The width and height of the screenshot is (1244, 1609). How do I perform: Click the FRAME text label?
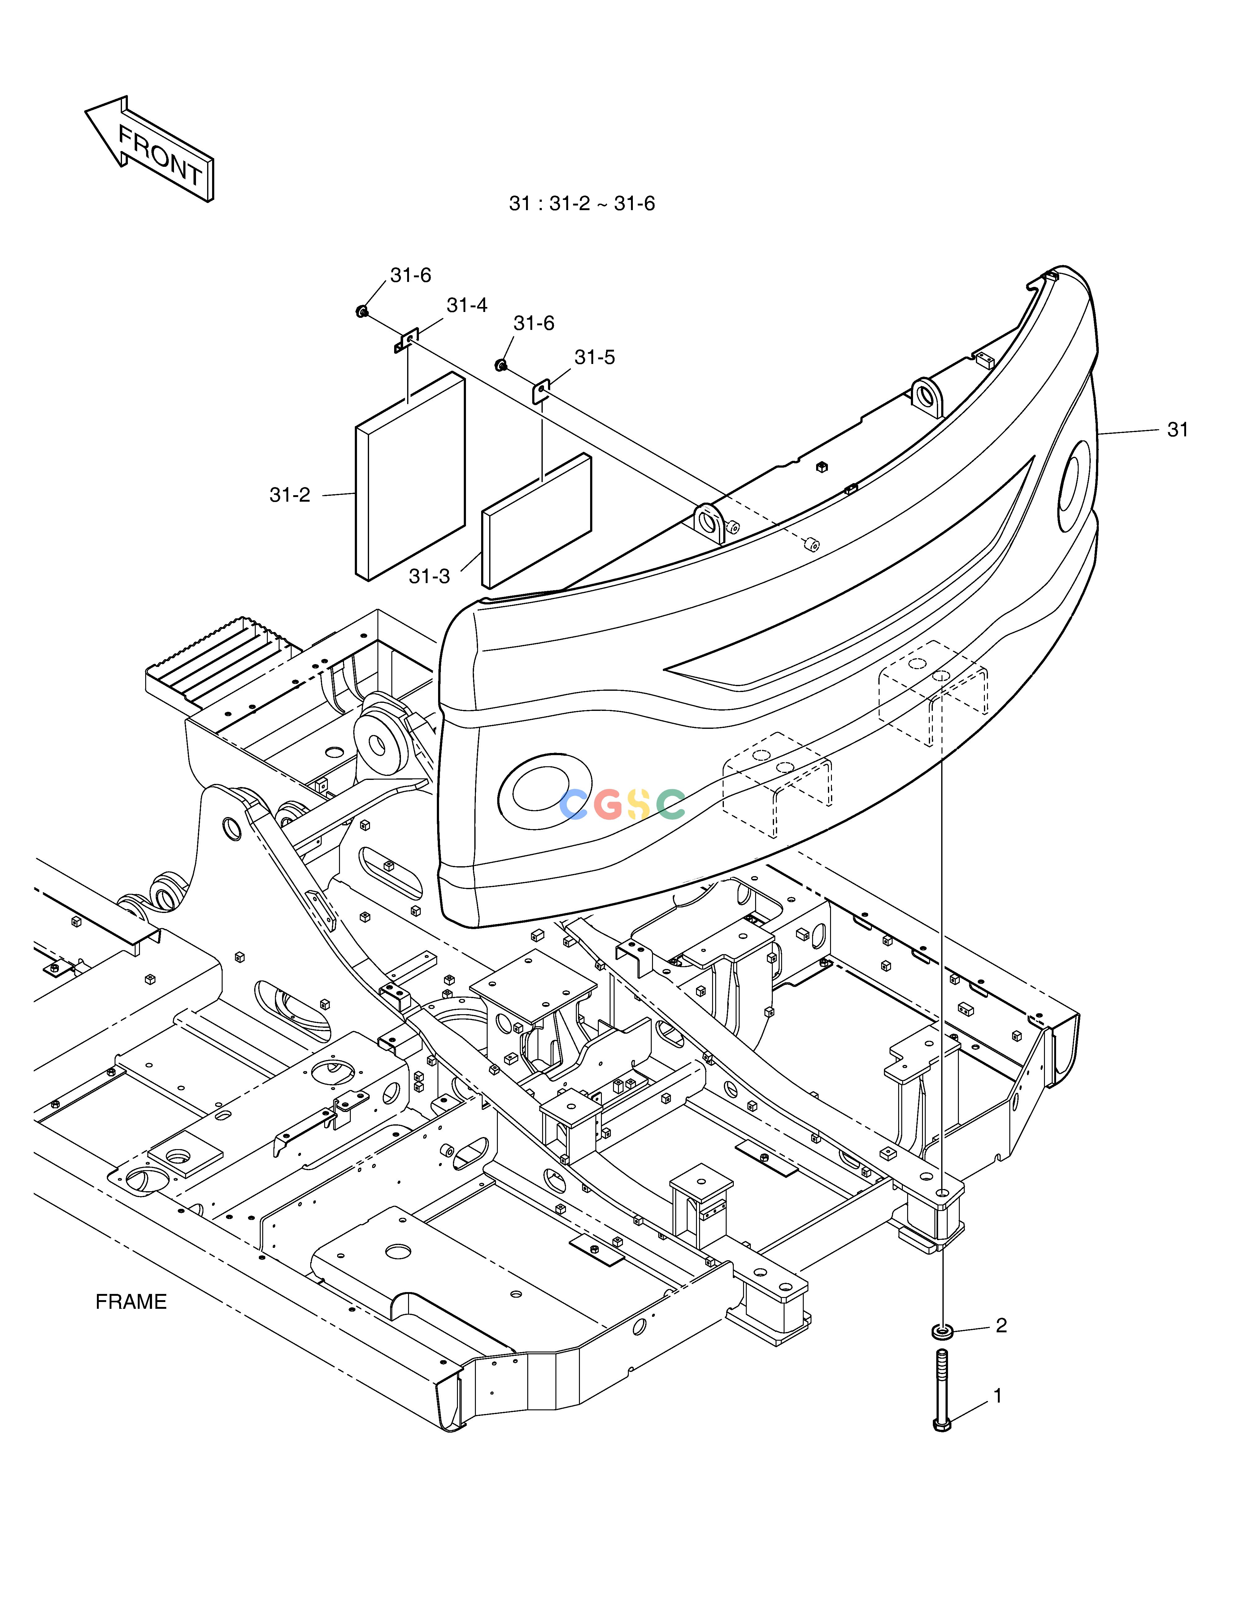(x=131, y=1302)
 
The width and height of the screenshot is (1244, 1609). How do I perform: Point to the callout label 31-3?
(x=429, y=576)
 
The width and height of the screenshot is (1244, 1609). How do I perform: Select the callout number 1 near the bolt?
(x=998, y=1396)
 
